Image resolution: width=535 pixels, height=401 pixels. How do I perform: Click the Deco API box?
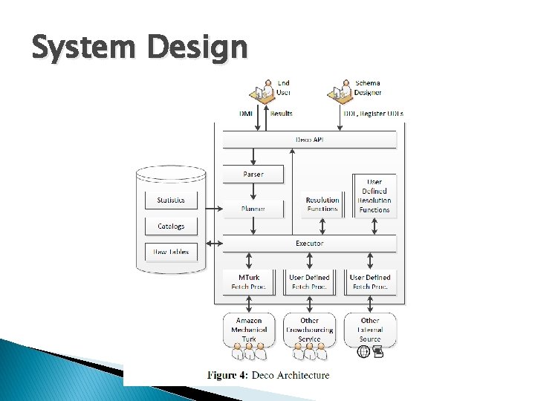[309, 140]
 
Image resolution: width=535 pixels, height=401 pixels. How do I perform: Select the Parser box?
[253, 175]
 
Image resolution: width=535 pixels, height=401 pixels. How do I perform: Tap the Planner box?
[253, 209]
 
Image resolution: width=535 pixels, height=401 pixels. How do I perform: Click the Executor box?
[309, 243]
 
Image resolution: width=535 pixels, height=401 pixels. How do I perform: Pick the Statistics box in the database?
[171, 200]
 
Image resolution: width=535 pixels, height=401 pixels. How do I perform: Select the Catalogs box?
[171, 226]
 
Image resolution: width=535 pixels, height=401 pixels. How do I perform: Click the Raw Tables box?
[171, 252]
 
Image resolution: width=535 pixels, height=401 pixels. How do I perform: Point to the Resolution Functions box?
[322, 204]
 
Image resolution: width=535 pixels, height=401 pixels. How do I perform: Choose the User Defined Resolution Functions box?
[374, 196]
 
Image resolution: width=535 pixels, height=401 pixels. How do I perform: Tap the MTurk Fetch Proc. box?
[249, 281]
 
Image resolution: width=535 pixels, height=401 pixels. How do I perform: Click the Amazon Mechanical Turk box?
[249, 330]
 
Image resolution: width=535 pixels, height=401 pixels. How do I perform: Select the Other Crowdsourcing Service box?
[309, 330]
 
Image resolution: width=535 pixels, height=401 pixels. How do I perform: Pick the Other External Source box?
[370, 330]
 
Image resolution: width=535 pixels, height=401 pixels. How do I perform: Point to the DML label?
[246, 114]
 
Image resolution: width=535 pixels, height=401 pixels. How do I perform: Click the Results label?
[281, 114]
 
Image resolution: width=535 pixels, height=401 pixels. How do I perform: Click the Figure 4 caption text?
[267, 375]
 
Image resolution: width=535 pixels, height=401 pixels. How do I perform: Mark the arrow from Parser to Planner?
[253, 192]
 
